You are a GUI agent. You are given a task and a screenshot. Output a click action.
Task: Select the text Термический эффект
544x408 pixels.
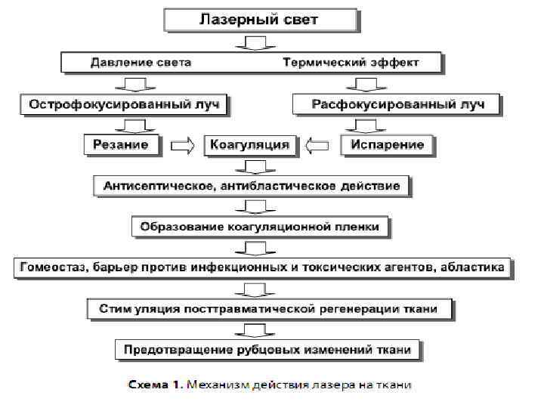tap(351, 61)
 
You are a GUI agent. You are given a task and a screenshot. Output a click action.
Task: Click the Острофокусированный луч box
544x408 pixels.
tap(125, 103)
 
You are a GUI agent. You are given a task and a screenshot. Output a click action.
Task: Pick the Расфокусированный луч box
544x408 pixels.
tap(396, 103)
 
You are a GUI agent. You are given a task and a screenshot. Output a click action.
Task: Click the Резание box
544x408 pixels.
tap(121, 144)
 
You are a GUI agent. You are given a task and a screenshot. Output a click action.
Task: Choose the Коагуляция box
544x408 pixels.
tap(249, 144)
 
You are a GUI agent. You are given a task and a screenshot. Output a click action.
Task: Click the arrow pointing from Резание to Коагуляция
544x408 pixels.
tap(182, 144)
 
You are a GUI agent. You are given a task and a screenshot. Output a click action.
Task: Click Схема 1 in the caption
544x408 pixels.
tap(152, 385)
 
